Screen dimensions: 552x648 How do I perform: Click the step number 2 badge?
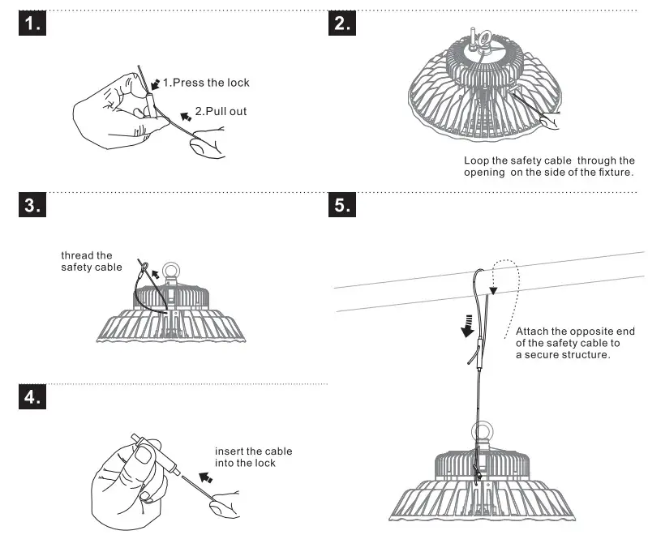click(343, 24)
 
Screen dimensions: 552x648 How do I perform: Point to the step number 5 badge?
click(343, 207)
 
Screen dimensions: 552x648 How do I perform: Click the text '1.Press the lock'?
click(206, 83)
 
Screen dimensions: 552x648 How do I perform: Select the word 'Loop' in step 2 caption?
click(476, 160)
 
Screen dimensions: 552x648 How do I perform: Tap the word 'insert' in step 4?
click(229, 451)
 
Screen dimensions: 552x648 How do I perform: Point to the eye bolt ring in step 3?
click(173, 268)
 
